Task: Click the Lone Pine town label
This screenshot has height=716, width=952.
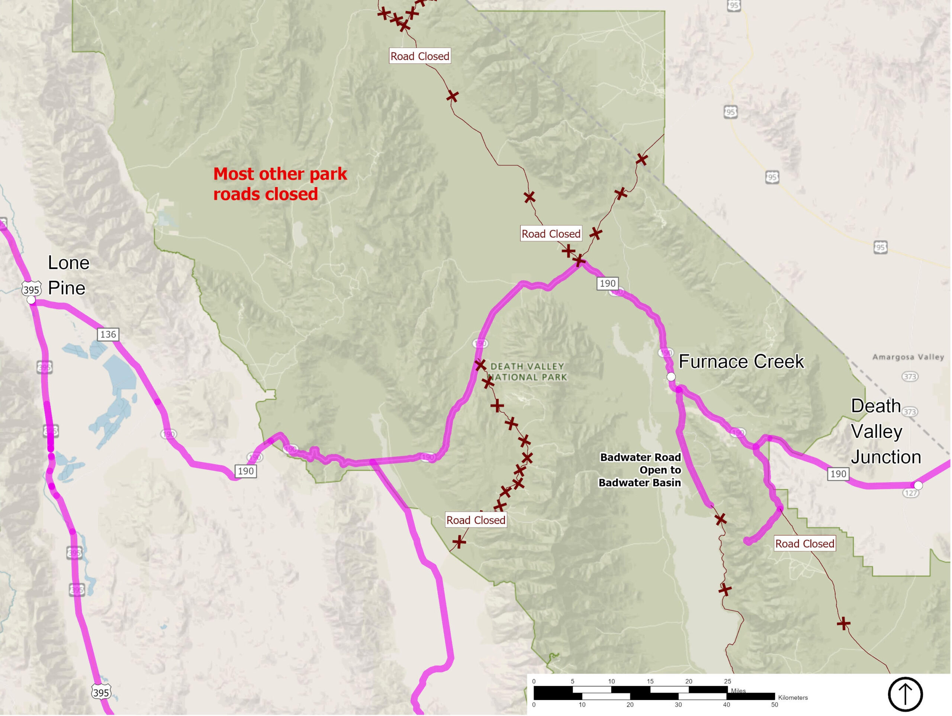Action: tap(68, 275)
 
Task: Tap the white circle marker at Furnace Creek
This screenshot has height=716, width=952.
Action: tap(671, 377)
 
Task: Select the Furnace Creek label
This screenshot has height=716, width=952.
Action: tap(741, 361)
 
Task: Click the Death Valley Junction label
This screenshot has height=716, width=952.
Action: tap(886, 431)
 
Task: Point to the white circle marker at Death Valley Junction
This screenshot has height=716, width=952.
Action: tap(918, 485)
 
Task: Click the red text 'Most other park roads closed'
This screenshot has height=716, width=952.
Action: tap(280, 184)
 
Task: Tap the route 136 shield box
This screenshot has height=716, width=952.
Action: tap(107, 334)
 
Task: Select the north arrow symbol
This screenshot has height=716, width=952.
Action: tap(905, 694)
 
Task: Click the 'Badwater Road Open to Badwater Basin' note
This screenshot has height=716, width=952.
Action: tap(640, 470)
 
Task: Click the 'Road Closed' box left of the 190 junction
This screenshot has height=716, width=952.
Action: tap(551, 234)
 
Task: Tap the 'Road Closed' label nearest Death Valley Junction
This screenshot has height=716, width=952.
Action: tap(804, 543)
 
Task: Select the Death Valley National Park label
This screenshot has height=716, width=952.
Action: tap(528, 372)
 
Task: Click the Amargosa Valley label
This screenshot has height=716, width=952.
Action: tap(908, 357)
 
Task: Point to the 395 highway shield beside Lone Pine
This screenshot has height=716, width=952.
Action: tap(31, 289)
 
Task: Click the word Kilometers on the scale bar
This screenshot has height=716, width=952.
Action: tap(793, 697)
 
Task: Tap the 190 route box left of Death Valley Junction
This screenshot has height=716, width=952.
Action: tap(838, 473)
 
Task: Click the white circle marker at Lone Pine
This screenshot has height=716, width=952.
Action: tap(31, 300)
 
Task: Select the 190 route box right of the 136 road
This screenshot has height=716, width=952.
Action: tap(246, 471)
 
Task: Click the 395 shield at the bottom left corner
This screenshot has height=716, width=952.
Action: tap(101, 692)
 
